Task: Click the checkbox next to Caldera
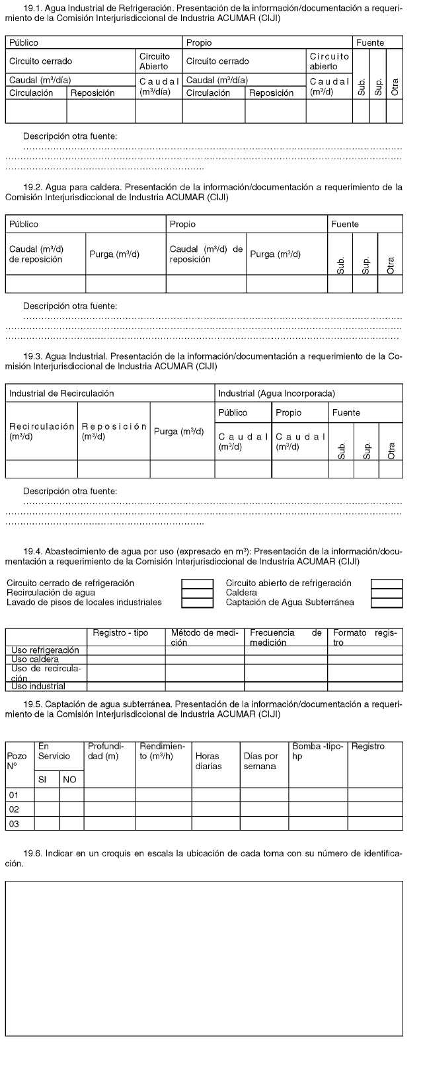pos(387,593)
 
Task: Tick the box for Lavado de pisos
pos(197,602)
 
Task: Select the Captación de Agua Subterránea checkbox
pos(387,602)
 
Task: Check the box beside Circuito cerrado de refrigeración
pos(197,583)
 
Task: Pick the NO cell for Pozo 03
pos(71,823)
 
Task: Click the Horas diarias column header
pos(208,761)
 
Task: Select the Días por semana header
pos(260,761)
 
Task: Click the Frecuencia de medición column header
pos(286,637)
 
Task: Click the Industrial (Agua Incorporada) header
pos(277,393)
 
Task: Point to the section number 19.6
pos(32,853)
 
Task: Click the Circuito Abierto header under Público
pos(154,61)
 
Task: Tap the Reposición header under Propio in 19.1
pos(271,93)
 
